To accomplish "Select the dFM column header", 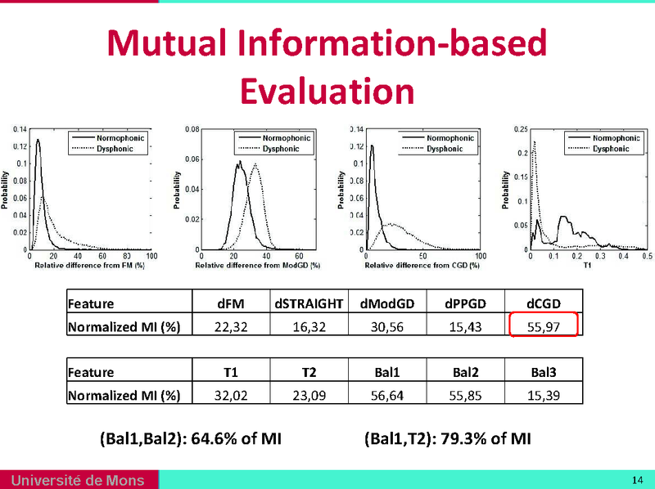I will pyautogui.click(x=230, y=303).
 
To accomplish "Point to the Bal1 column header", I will pyautogui.click(x=387, y=372).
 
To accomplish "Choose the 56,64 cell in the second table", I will pyautogui.click(x=387, y=394).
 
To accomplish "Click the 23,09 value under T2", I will pyautogui.click(x=309, y=394).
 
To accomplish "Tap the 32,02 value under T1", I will pyautogui.click(x=230, y=394).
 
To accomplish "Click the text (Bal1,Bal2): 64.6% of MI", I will pyautogui.click(x=190, y=439).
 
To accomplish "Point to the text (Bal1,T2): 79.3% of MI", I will pyautogui.click(x=448, y=439).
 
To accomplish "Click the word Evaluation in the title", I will pyautogui.click(x=327, y=90).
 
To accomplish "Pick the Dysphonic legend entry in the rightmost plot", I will pyautogui.click(x=610, y=149).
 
